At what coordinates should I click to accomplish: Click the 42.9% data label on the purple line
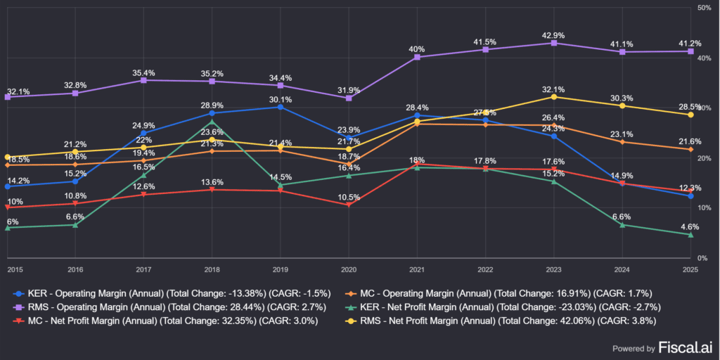pos(553,35)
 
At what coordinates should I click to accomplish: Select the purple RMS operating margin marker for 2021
pos(417,57)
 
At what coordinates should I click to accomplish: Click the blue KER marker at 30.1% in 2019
pos(281,107)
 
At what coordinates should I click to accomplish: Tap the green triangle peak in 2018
pos(212,122)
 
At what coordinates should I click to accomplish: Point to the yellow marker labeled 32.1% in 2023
pos(553,96)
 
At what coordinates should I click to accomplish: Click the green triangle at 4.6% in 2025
pos(690,234)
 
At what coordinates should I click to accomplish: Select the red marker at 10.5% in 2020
pos(349,205)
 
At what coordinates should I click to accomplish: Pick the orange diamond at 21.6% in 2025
pos(690,149)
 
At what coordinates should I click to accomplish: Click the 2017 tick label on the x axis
pos(144,269)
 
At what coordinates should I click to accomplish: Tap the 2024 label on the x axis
pos(622,269)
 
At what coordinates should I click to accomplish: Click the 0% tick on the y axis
pos(705,258)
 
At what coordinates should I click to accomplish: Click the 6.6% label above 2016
pos(76,217)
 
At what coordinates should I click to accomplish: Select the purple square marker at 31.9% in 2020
pos(349,98)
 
